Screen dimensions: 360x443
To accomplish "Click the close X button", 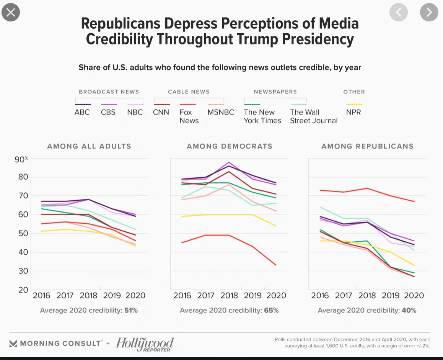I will [11, 12].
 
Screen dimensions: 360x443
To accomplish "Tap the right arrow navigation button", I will [429, 12].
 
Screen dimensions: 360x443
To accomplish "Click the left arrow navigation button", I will [399, 12].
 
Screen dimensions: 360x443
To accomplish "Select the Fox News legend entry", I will [189, 116].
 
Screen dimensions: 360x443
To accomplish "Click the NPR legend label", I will [353, 112].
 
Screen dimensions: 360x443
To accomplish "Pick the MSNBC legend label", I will [220, 112].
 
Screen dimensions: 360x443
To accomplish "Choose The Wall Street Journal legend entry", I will [313, 116].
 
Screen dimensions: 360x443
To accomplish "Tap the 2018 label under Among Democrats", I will [229, 295].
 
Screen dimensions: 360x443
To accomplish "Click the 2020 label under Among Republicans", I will [414, 295].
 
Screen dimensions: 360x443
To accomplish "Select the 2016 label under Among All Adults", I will [41, 295].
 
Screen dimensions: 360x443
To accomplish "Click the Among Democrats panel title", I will [230, 146].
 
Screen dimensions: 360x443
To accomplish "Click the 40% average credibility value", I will [409, 310].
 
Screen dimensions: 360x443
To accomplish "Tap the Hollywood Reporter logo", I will [145, 344].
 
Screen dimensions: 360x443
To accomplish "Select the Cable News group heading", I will [189, 92].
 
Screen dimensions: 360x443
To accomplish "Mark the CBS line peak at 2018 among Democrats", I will [229, 162].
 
